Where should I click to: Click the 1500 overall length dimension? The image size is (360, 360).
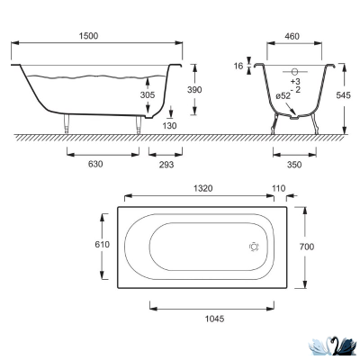click(88, 36)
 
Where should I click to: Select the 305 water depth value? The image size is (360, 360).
click(148, 95)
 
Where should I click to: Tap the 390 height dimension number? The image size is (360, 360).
click(194, 90)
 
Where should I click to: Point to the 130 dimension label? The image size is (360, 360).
click(170, 126)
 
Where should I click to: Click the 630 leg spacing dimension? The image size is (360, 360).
click(95, 164)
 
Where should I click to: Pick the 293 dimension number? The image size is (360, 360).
click(166, 165)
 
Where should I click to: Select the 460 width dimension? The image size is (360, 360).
click(292, 36)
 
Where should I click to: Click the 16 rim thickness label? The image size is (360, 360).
click(238, 66)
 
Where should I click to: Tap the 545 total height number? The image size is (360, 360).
click(343, 95)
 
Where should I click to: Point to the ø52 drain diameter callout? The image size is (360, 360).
click(283, 96)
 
